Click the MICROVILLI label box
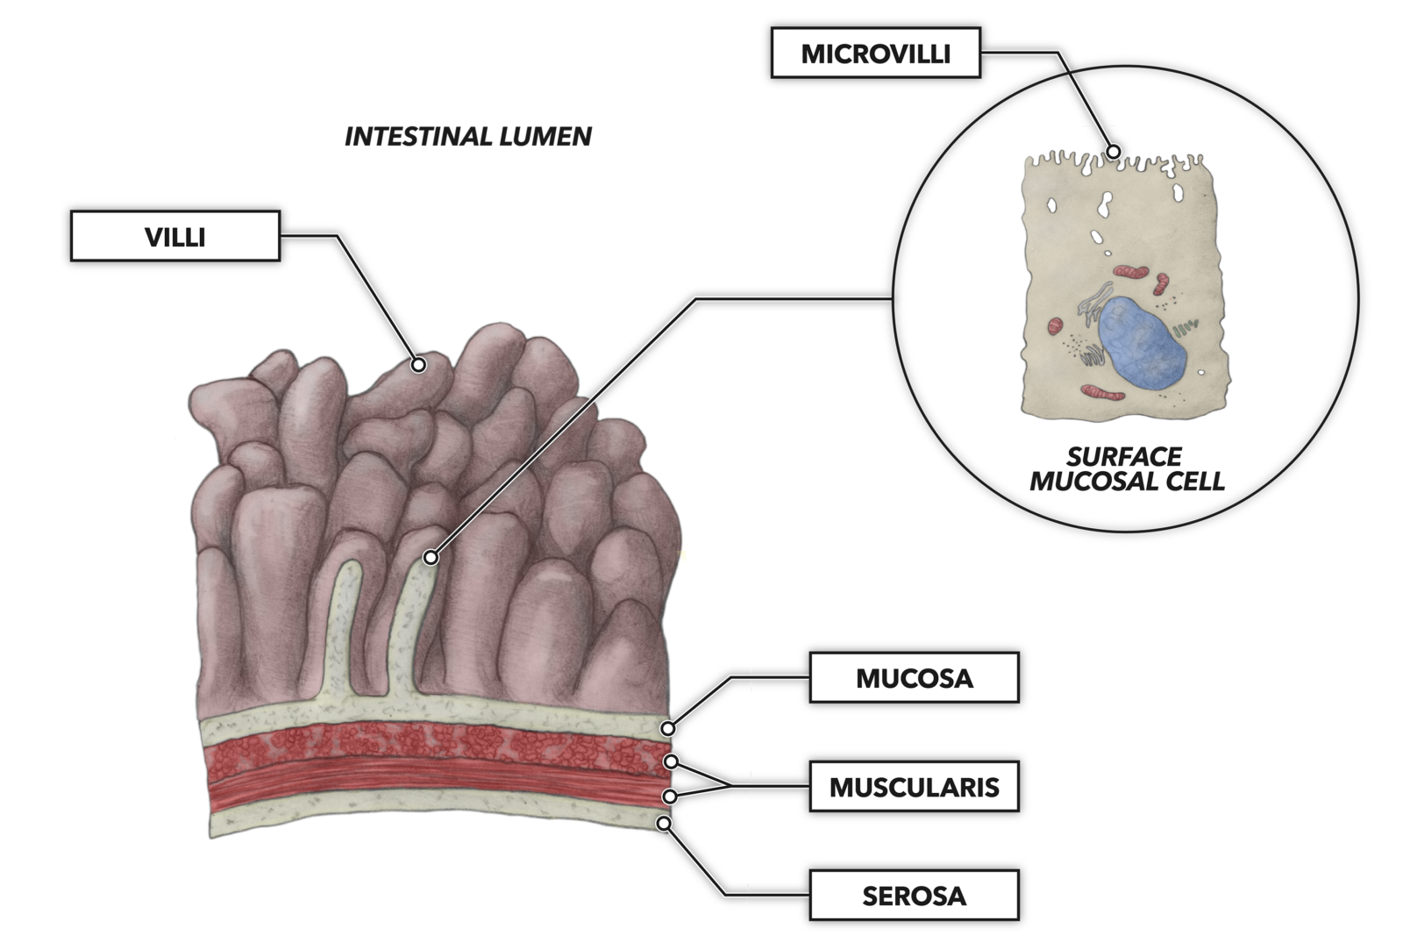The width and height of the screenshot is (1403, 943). tap(875, 53)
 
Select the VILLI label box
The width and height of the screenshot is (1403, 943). tap(175, 236)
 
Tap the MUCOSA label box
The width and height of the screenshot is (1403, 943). tap(914, 678)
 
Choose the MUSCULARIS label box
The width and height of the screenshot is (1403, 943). tap(914, 787)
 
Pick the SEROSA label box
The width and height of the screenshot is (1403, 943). tap(914, 896)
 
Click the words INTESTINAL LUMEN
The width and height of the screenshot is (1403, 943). tap(467, 136)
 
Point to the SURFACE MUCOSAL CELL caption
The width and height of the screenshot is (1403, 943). tap(1126, 468)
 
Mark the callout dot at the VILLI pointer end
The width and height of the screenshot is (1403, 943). tap(419, 364)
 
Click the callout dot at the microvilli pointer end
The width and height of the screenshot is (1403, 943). tap(1113, 151)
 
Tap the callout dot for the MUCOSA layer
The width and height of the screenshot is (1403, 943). tap(668, 728)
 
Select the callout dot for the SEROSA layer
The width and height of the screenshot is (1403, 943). tap(665, 824)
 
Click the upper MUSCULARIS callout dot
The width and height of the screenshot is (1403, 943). tap(671, 761)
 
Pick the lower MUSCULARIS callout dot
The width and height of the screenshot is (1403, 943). tap(669, 797)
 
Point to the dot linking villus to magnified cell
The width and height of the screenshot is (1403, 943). tap(431, 557)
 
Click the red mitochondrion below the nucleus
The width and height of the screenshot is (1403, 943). tap(1102, 392)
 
